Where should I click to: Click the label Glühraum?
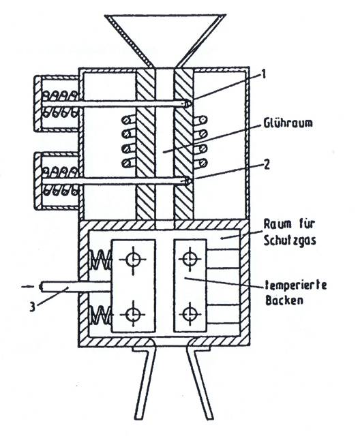point(288,123)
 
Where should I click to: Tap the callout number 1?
point(263,74)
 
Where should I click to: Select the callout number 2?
point(266,165)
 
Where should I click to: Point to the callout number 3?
point(33,307)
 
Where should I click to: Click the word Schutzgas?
point(290,240)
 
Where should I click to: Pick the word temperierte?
point(296,286)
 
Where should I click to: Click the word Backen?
point(284,300)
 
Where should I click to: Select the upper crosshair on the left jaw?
point(133,260)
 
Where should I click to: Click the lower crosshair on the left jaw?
point(133,314)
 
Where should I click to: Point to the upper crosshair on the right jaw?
point(190,259)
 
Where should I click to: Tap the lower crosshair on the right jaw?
point(190,315)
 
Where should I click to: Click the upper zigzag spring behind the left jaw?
point(100,260)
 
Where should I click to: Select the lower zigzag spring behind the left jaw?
point(101,315)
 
